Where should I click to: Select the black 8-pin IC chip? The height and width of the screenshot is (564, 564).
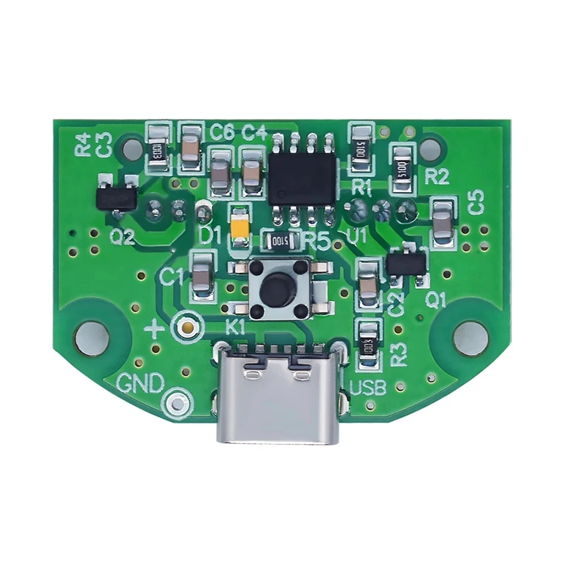pos(303,178)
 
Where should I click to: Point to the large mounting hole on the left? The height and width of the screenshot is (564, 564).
pos(92,338)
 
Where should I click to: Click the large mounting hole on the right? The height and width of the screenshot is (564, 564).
pos(470,338)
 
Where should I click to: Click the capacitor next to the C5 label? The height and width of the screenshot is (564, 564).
pos(444,222)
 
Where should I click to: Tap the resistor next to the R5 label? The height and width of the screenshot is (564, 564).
pos(280,241)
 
